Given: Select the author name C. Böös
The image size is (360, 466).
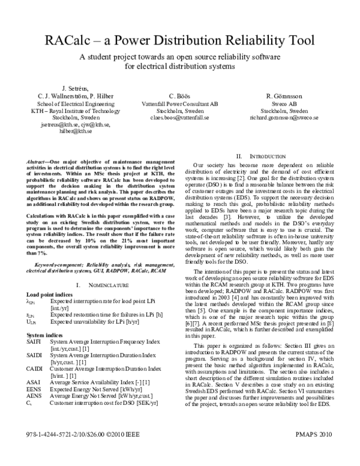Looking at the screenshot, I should click(179, 96).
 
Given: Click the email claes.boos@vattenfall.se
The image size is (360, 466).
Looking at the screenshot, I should click(179, 118).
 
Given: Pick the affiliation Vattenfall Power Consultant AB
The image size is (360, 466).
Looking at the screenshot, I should click(179, 103).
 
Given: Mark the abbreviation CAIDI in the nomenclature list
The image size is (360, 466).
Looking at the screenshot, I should click(35, 368).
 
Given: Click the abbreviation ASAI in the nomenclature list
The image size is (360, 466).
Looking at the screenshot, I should click(34, 381).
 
